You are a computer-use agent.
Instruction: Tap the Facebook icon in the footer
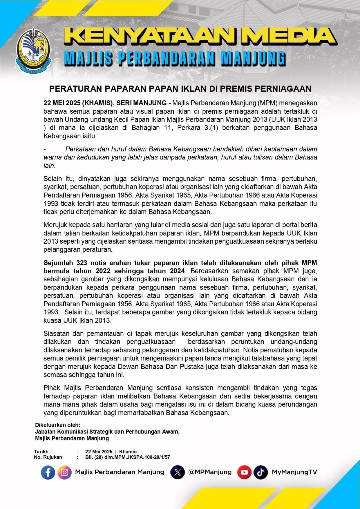[x=48, y=472]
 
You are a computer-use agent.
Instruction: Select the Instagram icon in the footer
[x=64, y=472]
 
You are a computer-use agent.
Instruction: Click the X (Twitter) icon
[x=178, y=472]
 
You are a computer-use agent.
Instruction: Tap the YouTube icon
[x=244, y=472]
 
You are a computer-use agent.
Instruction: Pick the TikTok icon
[x=260, y=472]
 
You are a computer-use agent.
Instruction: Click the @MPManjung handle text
[x=210, y=472]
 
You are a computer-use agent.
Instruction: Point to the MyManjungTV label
[x=294, y=472]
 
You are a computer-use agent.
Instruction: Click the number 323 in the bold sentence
[x=83, y=263]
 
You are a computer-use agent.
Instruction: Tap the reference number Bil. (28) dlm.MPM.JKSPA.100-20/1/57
[x=127, y=457]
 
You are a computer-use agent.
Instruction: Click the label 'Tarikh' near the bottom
[x=41, y=452]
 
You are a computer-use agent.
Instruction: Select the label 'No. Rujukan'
[x=48, y=457]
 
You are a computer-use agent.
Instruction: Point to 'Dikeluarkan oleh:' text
[x=57, y=425]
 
